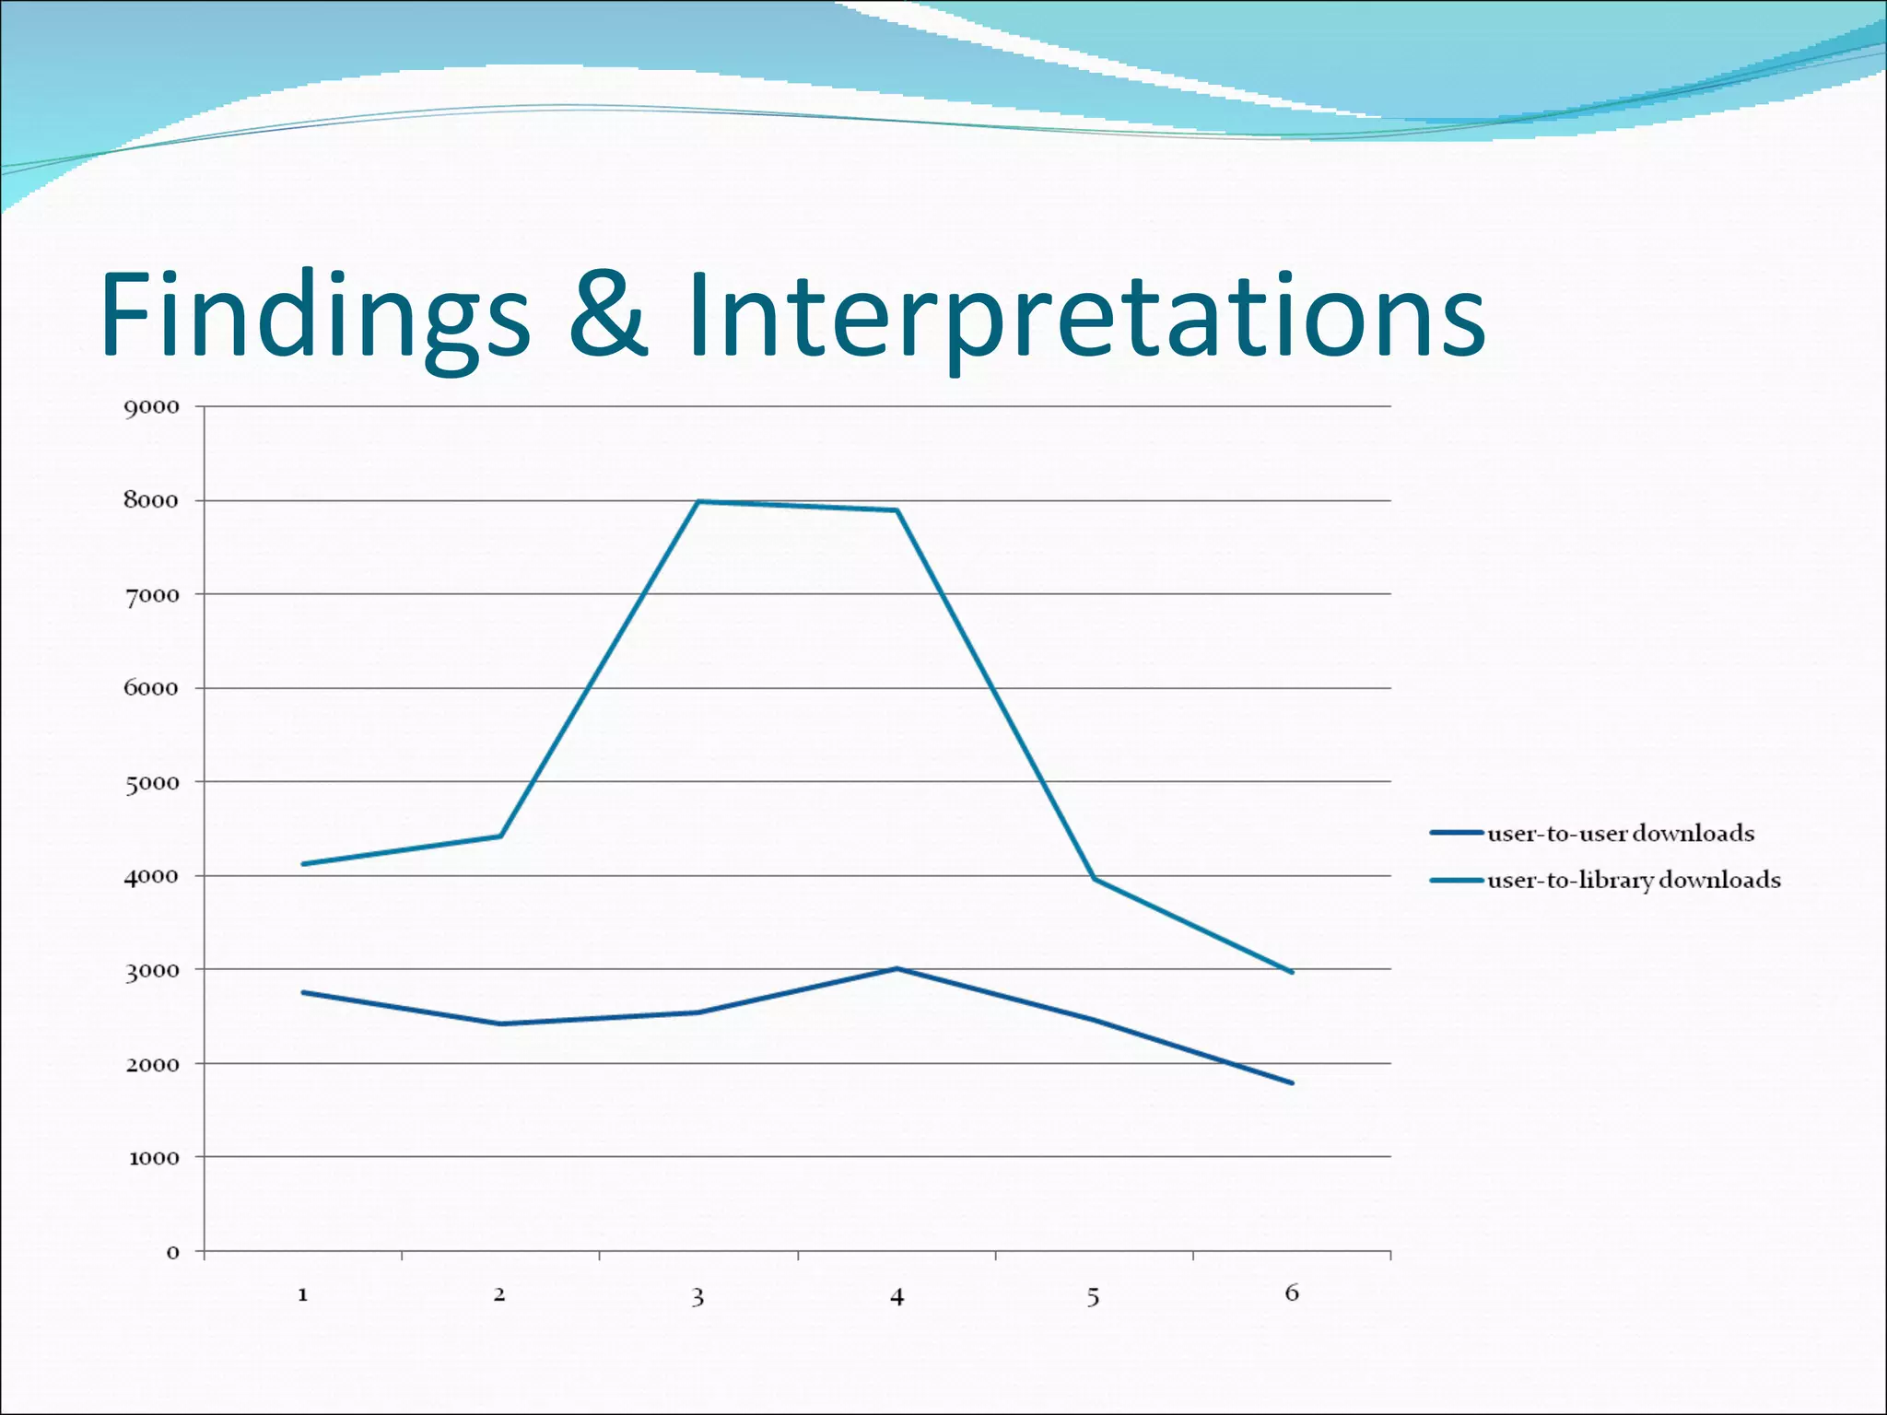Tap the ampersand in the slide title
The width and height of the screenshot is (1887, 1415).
(x=608, y=315)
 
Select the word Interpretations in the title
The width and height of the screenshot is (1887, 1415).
(x=1085, y=315)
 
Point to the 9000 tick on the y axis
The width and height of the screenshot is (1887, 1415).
(x=152, y=407)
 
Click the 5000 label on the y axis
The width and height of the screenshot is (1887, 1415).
(x=152, y=783)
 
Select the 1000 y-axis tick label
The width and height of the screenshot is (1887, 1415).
(x=154, y=1159)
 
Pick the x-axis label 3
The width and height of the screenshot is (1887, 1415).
(x=697, y=1297)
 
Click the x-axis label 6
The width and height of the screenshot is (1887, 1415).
(x=1292, y=1293)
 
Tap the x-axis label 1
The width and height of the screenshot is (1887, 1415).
(x=302, y=1295)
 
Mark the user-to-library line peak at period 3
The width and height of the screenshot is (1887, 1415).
(x=698, y=502)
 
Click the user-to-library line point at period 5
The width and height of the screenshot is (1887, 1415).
(x=1095, y=879)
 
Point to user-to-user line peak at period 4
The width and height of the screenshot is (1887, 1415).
(x=897, y=968)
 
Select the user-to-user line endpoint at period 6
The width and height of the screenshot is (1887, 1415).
(x=1292, y=1083)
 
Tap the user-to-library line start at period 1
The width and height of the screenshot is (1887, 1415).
(x=303, y=864)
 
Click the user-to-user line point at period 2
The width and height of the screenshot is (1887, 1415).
(x=500, y=1023)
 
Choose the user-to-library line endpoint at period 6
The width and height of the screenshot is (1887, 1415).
(x=1292, y=972)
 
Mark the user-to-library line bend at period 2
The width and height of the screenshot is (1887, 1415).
(x=500, y=836)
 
